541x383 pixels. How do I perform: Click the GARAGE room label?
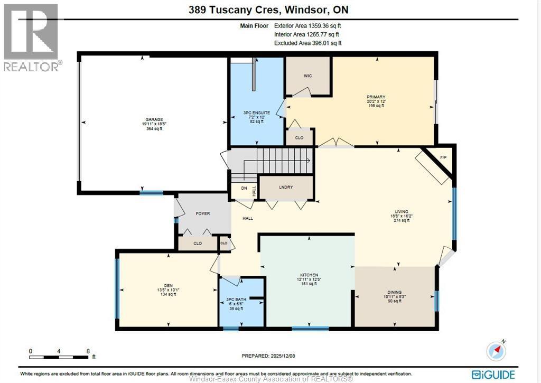point(152,119)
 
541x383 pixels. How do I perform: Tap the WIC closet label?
point(307,76)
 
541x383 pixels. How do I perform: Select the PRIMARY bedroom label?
point(376,97)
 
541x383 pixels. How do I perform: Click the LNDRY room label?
point(285,188)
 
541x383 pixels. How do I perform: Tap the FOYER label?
point(202,214)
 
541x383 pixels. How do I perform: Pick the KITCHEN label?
point(309,275)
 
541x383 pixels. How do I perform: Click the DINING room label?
point(394,292)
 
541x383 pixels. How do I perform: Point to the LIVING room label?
point(400,211)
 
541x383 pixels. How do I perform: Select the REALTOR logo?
point(32,37)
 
